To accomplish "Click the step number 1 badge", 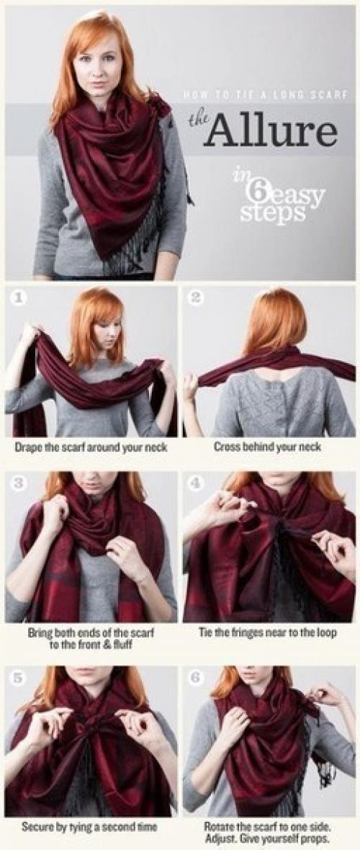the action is [x=18, y=297].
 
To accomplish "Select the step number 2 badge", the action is [x=197, y=297].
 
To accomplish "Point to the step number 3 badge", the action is [x=18, y=483].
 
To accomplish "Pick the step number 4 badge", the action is [x=197, y=483].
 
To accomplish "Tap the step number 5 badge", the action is [x=18, y=677].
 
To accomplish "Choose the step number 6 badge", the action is [x=197, y=677].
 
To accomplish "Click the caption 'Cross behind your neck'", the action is [x=267, y=447].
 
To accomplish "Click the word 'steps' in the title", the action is [x=273, y=213].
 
